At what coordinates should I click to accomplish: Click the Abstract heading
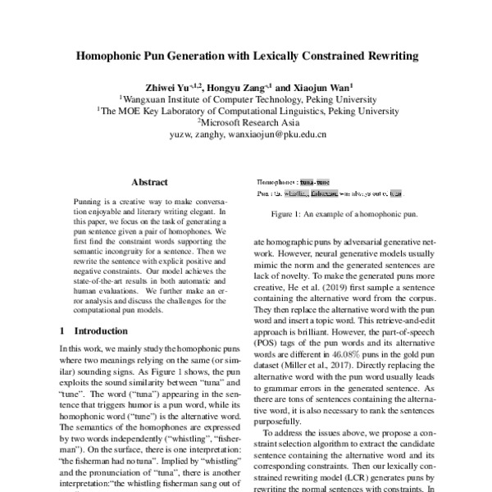pyautogui.click(x=150, y=183)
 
